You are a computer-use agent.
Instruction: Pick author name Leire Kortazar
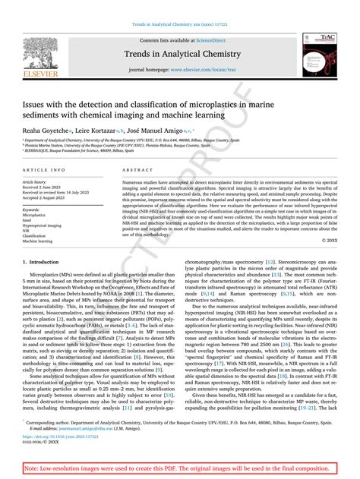click(97, 131)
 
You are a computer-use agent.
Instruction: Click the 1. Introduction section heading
click(43, 260)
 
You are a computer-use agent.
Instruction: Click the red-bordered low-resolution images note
click(179, 469)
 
